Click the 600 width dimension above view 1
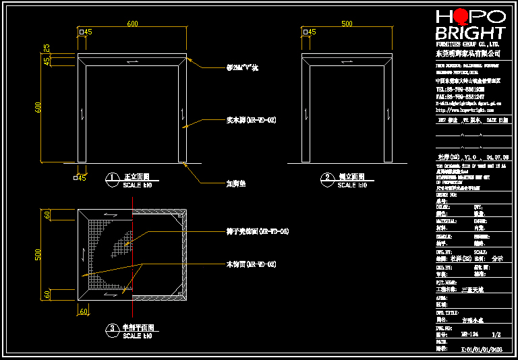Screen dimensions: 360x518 (132, 24)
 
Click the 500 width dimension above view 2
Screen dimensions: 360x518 (347, 24)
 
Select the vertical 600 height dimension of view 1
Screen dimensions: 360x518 (39, 107)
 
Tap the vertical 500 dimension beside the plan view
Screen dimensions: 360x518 (38, 255)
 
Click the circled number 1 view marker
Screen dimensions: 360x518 (112, 179)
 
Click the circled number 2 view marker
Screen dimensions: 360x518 (326, 179)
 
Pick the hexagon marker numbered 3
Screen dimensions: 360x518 (112, 329)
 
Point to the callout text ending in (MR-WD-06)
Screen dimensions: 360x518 (257, 231)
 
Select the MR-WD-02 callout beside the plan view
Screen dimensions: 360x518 (251, 264)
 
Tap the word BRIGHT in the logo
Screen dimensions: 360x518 (470, 33)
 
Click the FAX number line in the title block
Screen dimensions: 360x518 (460, 96)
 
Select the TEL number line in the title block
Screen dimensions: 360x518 (460, 89)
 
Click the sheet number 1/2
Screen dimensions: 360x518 (496, 334)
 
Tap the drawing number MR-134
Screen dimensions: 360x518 (470, 334)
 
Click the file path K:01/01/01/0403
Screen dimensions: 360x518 (481, 349)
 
